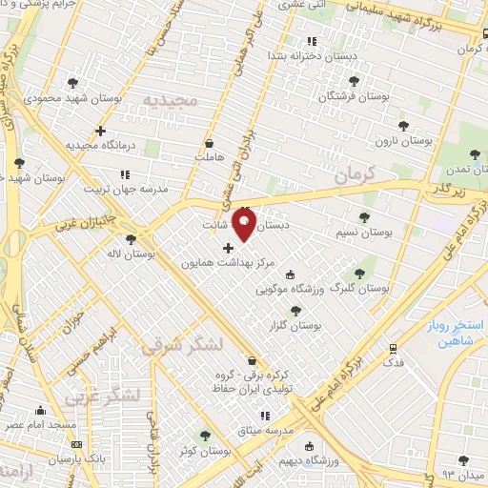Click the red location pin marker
click(245, 224)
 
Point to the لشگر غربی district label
click(104, 394)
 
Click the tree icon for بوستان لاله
click(130, 239)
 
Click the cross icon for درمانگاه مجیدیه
click(101, 131)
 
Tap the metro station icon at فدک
click(392, 349)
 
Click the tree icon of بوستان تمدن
click(476, 153)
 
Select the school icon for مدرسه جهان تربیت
click(125, 174)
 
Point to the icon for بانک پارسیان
click(76, 444)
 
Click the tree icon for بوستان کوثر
click(204, 435)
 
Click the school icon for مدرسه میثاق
click(265, 416)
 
